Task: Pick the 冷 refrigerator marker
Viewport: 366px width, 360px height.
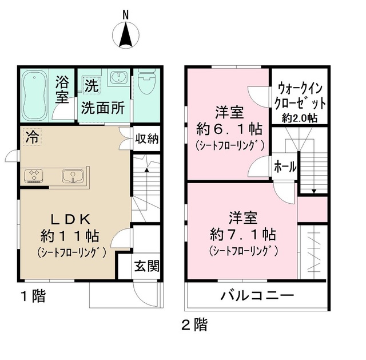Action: (x=32, y=137)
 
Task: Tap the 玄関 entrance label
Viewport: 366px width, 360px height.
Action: (x=146, y=266)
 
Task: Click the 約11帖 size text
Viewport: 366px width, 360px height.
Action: (x=71, y=235)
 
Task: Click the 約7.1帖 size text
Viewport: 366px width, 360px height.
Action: (x=243, y=234)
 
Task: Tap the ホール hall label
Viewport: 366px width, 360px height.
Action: (x=285, y=167)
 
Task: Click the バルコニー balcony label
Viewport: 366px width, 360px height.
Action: (x=257, y=296)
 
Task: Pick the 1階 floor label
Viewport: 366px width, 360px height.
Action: (x=33, y=296)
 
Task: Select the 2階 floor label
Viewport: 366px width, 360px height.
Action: (x=194, y=326)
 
